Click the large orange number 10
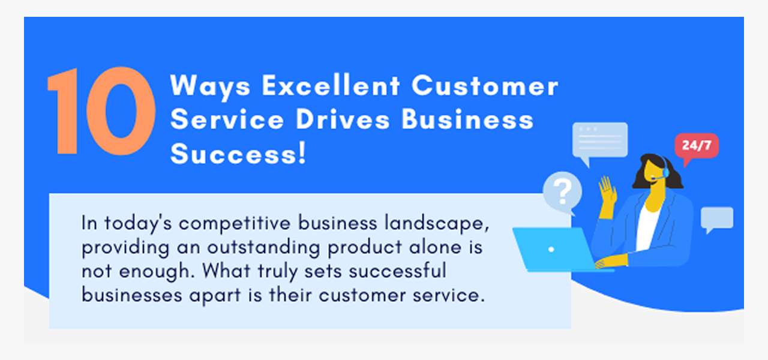coord(101,111)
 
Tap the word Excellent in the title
coord(331,85)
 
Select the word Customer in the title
coord(485,85)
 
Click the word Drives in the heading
coord(343,119)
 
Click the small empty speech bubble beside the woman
coord(717,219)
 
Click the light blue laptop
coord(556,250)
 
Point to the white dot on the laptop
coord(551,249)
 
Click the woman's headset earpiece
coord(665,170)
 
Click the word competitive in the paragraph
coord(235,224)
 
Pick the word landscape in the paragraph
coord(437,223)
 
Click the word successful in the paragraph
coord(398,271)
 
